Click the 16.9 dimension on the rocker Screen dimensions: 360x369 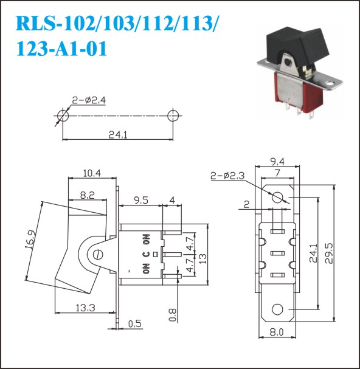point(30,240)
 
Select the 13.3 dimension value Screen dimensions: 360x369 point(86,308)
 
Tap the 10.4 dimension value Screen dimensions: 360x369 point(92,173)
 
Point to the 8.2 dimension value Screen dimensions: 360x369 point(88,195)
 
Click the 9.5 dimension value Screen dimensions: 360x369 point(141,200)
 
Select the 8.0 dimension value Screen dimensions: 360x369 point(277,333)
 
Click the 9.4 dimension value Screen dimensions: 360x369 point(277,162)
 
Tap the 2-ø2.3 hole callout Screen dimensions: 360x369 point(227,176)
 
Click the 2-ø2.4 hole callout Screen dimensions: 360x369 point(89,100)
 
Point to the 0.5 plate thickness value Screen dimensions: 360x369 point(135,324)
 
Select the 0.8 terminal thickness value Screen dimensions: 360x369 point(173,315)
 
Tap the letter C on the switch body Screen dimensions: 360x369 point(146,254)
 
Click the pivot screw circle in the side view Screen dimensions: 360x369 point(98,254)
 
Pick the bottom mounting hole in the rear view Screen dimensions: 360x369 point(277,309)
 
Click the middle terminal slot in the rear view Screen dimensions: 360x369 point(277,253)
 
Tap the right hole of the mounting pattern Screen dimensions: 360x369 point(173,116)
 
